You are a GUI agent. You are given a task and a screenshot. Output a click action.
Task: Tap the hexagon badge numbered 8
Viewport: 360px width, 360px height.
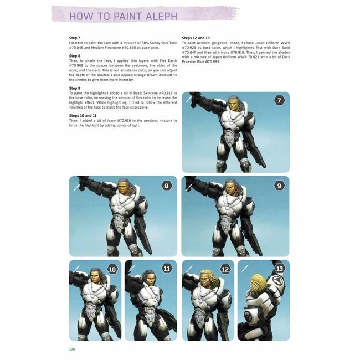pos(166,185)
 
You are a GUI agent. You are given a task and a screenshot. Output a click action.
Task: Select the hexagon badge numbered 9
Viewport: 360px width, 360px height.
pos(280,185)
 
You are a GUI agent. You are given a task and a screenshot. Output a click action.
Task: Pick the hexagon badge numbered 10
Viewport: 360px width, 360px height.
pos(112,269)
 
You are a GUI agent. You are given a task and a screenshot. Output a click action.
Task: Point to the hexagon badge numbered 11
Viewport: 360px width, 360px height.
pos(167,269)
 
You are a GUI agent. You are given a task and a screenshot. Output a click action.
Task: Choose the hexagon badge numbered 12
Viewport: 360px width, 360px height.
pos(225,269)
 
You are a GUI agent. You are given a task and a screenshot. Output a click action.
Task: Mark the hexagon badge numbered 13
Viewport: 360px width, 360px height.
pos(280,269)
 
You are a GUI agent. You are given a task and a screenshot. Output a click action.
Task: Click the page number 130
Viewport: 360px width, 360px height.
pos(72,349)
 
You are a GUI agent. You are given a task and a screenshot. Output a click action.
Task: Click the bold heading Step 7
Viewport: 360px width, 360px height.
pos(75,38)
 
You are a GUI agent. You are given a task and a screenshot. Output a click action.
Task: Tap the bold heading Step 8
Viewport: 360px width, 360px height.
pos(75,56)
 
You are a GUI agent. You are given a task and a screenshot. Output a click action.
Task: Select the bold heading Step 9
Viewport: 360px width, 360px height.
pos(75,88)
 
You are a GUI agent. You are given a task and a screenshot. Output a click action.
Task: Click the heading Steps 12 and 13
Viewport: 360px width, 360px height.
pos(197,38)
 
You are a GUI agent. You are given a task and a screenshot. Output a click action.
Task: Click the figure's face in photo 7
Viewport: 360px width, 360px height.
pos(234,105)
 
